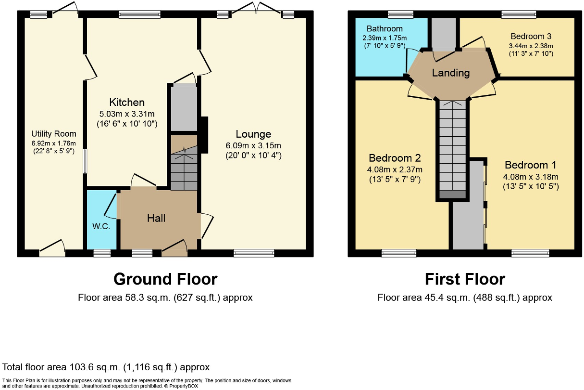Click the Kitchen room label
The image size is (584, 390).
[127, 102]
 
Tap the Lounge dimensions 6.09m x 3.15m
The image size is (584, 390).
[253, 145]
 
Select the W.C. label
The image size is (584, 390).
[101, 226]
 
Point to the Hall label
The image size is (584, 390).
[156, 218]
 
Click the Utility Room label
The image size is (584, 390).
[54, 134]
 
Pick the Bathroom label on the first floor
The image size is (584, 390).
[385, 28]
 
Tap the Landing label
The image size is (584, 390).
[451, 73]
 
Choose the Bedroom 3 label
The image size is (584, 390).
[531, 36]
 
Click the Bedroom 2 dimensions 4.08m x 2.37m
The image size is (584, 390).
[395, 170]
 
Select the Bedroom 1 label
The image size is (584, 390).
[531, 165]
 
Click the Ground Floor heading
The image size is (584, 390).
[165, 279]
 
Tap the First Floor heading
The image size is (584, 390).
[465, 279]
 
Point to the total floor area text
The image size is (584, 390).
[106, 367]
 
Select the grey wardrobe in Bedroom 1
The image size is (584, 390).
[468, 206]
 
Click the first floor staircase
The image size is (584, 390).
[452, 149]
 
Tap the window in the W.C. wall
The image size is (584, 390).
[102, 253]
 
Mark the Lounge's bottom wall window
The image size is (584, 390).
[254, 253]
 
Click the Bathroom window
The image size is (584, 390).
[400, 14]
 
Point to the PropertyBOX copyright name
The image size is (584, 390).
[184, 386]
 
